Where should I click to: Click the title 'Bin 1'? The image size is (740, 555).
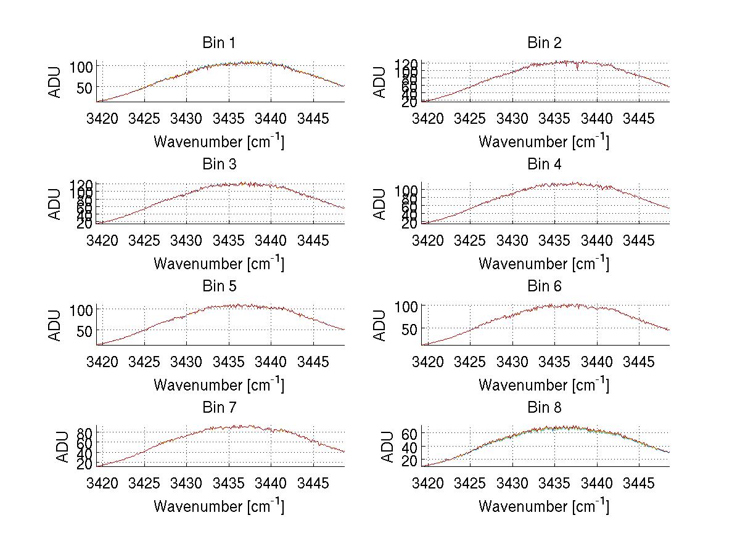(219, 43)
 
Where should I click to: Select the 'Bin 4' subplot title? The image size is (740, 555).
(545, 164)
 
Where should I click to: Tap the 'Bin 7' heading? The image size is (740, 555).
(219, 408)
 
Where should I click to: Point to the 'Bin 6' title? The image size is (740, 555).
(545, 286)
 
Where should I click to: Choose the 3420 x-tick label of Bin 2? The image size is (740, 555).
(428, 118)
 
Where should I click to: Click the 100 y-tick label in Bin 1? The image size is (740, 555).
(82, 67)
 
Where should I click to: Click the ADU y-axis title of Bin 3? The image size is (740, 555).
(55, 204)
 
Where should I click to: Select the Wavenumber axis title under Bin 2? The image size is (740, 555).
(544, 142)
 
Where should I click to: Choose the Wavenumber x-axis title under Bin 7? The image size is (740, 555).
(219, 506)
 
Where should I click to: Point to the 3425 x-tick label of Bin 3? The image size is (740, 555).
(144, 239)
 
